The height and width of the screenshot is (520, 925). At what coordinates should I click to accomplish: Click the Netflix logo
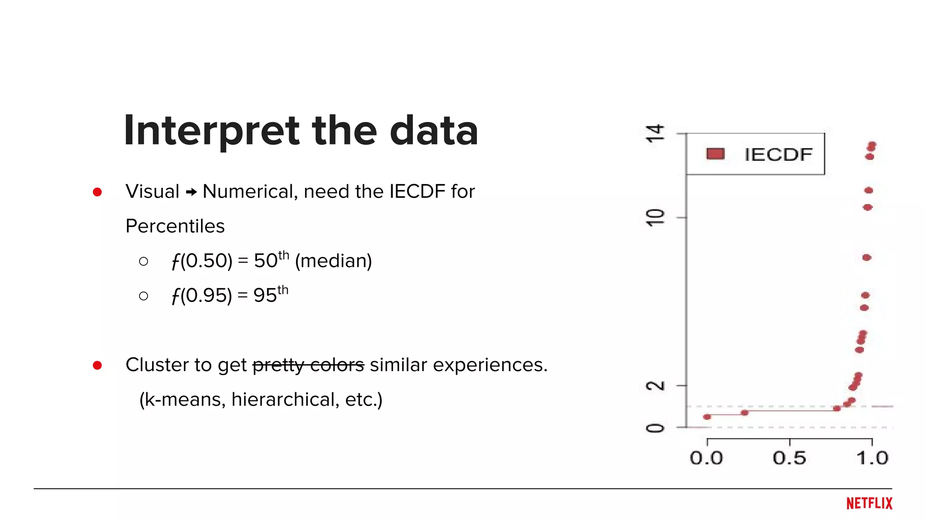[869, 503]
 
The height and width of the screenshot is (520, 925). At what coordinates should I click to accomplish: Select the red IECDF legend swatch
[715, 154]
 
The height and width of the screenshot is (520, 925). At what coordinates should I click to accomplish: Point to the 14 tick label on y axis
[655, 134]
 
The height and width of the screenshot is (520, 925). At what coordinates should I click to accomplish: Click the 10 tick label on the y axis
[655, 218]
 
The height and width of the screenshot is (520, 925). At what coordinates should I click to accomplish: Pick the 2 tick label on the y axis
[655, 386]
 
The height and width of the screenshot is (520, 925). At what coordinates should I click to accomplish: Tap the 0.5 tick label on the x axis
[789, 458]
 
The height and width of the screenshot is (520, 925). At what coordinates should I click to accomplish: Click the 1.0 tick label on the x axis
[872, 458]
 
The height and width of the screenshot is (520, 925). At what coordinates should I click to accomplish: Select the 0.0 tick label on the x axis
[706, 458]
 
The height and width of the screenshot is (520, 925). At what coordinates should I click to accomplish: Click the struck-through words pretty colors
[308, 365]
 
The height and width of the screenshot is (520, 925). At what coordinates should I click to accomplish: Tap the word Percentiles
[175, 226]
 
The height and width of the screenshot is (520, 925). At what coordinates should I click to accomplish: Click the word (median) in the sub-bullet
[333, 261]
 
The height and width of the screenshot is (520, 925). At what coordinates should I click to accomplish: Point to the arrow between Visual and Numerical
[191, 192]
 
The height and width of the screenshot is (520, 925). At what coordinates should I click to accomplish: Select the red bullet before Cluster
[97, 365]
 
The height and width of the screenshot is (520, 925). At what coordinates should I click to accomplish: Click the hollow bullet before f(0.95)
[144, 296]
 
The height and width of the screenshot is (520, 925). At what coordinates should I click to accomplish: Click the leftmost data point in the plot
[707, 417]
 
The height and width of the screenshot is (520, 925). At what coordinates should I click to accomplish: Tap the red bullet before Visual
[97, 192]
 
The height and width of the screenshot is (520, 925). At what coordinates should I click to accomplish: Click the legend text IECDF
[778, 155]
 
